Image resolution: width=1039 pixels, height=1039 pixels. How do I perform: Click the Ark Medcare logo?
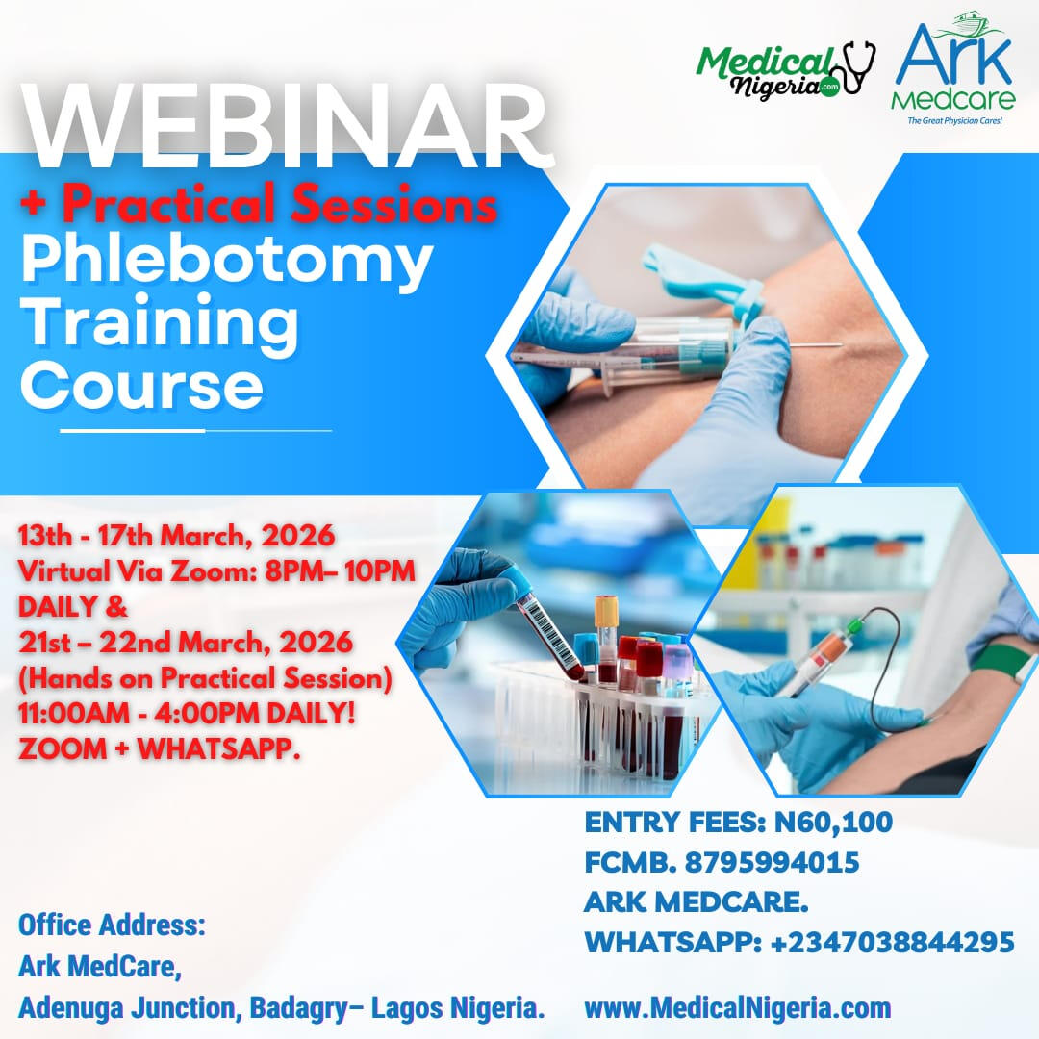pyautogui.click(x=953, y=68)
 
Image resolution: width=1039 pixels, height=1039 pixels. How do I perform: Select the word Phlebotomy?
pyautogui.click(x=227, y=261)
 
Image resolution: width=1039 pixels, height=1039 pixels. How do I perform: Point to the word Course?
pyautogui.click(x=142, y=386)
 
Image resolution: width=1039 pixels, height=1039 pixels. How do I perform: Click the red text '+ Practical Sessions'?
pyautogui.click(x=259, y=203)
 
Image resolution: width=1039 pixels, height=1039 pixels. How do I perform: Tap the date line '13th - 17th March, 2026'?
pyautogui.click(x=176, y=536)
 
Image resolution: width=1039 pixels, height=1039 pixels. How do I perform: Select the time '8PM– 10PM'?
pyautogui.click(x=340, y=570)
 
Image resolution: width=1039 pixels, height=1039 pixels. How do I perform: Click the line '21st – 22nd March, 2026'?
pyautogui.click(x=186, y=642)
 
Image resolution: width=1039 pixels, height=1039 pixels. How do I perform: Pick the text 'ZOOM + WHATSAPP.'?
pyautogui.click(x=159, y=748)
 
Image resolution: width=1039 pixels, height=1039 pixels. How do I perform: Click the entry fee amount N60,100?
pyautogui.click(x=833, y=823)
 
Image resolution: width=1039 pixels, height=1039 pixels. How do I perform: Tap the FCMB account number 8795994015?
pyautogui.click(x=772, y=862)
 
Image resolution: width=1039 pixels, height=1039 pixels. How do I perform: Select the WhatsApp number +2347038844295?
pyautogui.click(x=893, y=942)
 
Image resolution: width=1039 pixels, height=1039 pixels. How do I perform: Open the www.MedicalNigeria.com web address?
pyautogui.click(x=738, y=1008)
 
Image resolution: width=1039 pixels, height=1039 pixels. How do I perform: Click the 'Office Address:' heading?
pyautogui.click(x=112, y=925)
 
